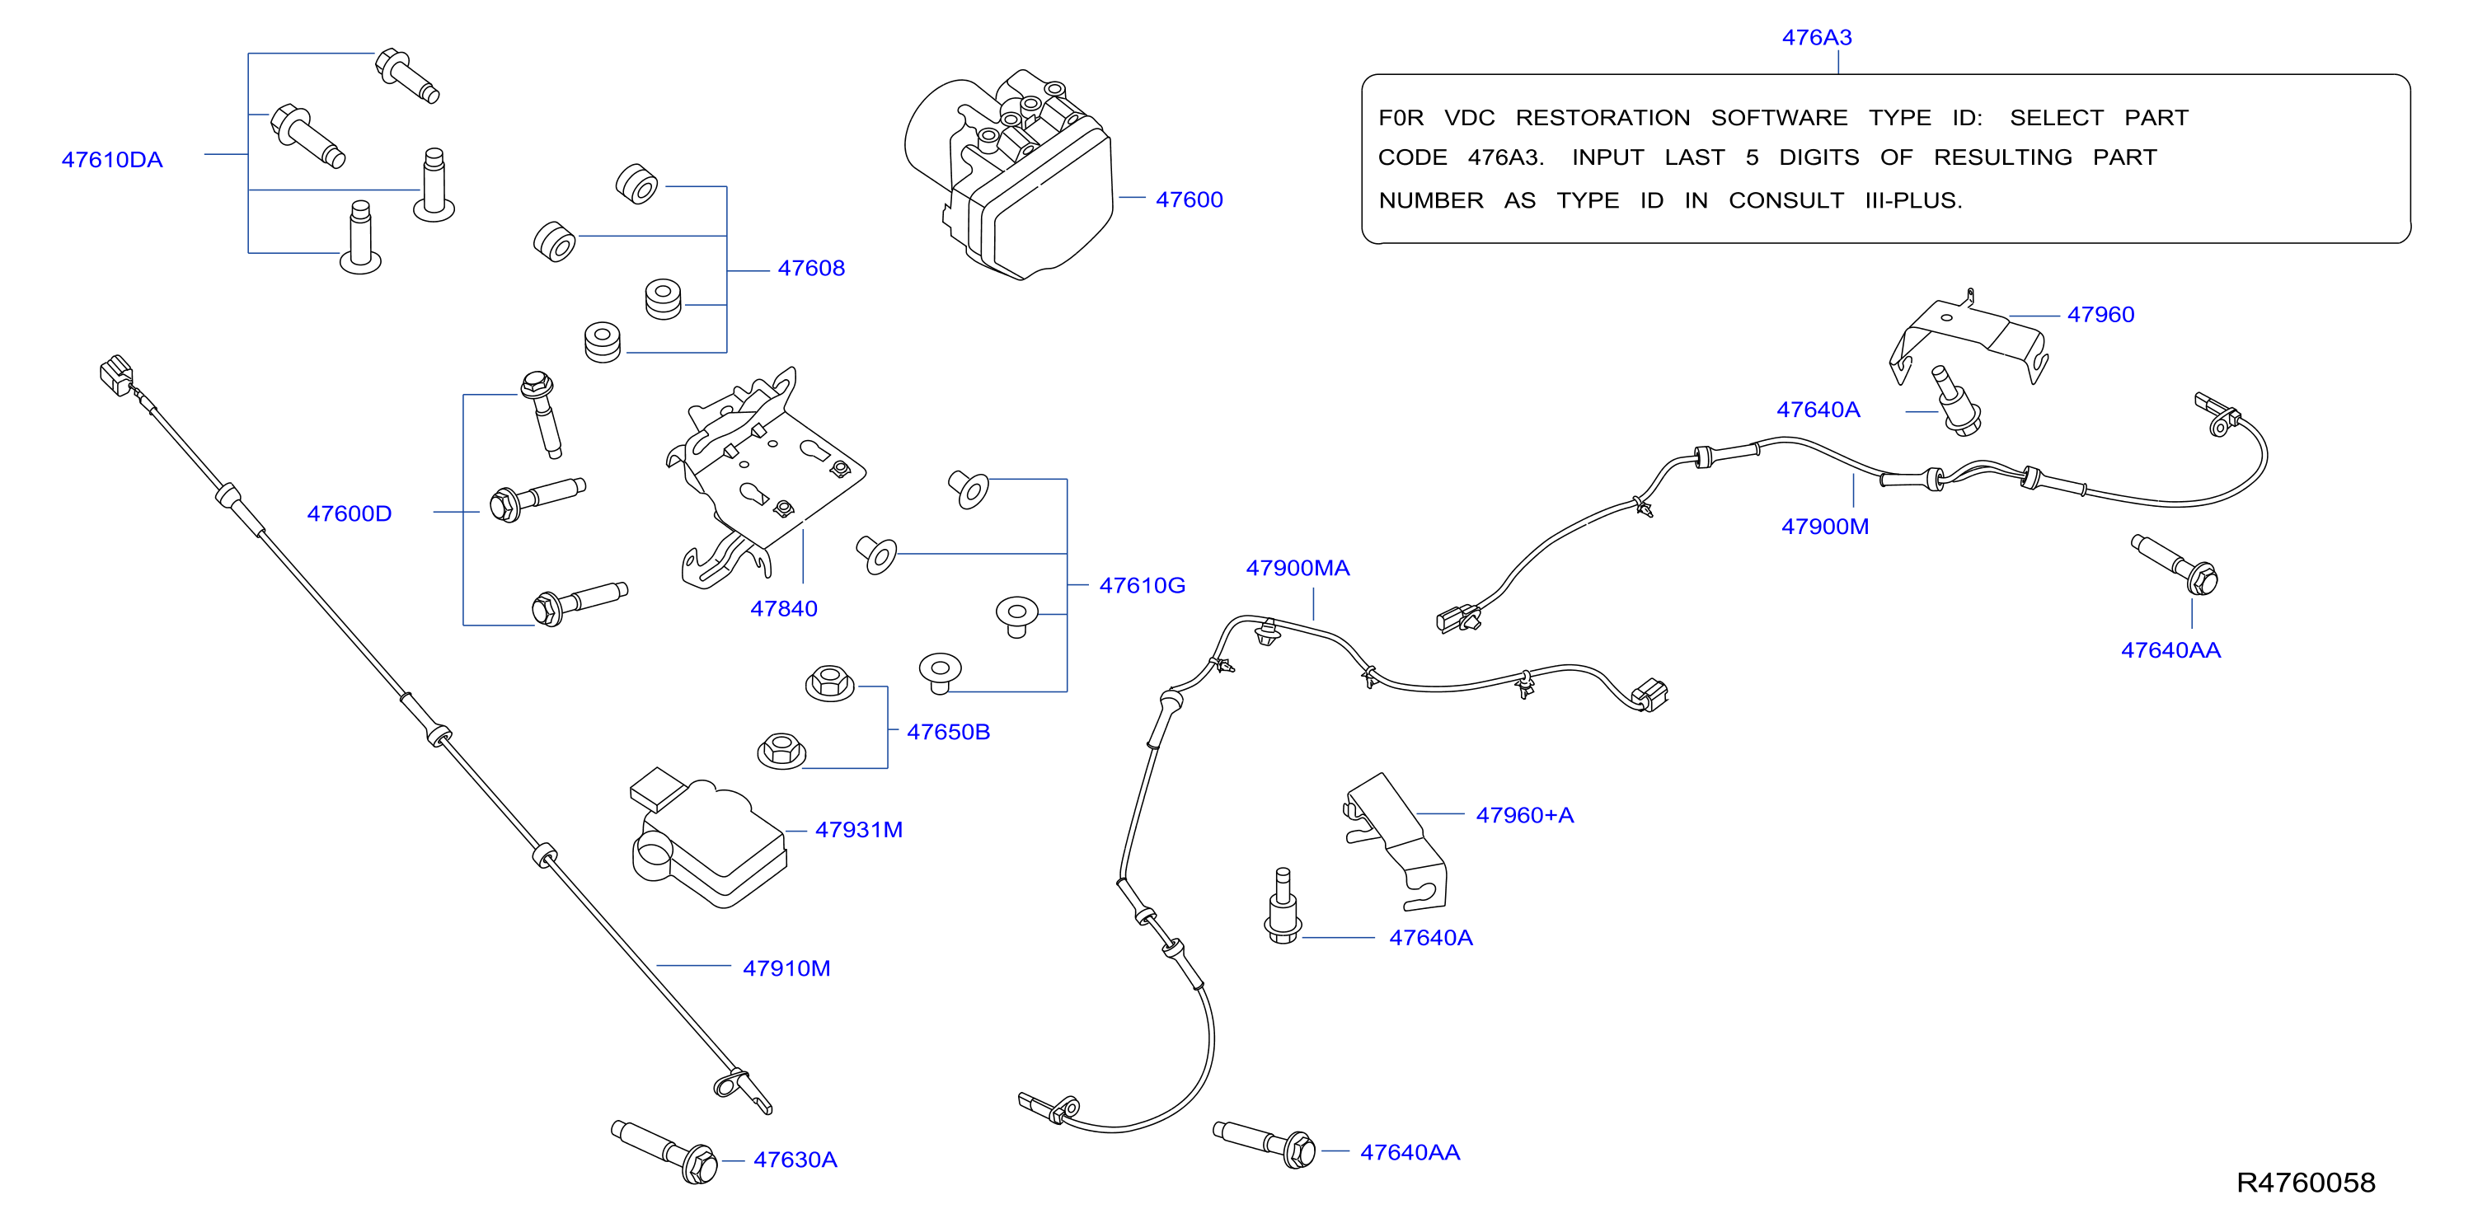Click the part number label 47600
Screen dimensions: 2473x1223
pyautogui.click(x=1189, y=199)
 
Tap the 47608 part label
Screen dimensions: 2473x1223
pyautogui.click(x=811, y=268)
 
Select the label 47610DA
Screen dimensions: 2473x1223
pyautogui.click(x=112, y=159)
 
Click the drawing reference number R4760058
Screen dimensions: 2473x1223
pyautogui.click(x=2306, y=1182)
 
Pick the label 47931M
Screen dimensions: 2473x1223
pyautogui.click(x=859, y=829)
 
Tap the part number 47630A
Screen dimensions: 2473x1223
pyautogui.click(x=795, y=1160)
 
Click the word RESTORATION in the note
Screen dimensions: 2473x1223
pyautogui.click(x=1603, y=118)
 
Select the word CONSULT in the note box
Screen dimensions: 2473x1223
pyautogui.click(x=1786, y=200)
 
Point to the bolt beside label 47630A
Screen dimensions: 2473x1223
pyautogui.click(x=664, y=1151)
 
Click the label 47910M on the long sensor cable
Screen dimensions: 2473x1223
pyautogui.click(x=786, y=968)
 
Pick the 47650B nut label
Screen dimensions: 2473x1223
pyautogui.click(x=949, y=732)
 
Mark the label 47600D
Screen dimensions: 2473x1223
pyautogui.click(x=350, y=513)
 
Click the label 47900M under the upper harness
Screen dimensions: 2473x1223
pyautogui.click(x=1825, y=526)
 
